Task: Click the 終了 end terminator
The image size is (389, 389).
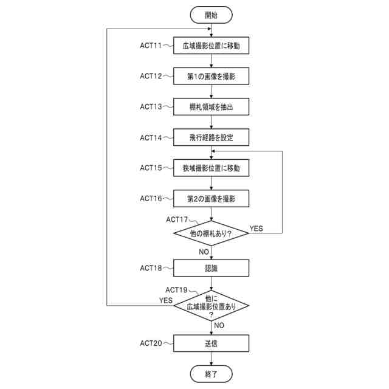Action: pyautogui.click(x=211, y=373)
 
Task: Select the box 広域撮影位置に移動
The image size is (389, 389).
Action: pyautogui.click(x=211, y=46)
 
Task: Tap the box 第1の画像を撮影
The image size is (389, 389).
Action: pyautogui.click(x=211, y=77)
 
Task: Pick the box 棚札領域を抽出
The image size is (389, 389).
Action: pyautogui.click(x=211, y=107)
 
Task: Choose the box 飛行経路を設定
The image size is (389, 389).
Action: pyautogui.click(x=211, y=138)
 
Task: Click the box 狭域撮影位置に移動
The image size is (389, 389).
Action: pyautogui.click(x=211, y=168)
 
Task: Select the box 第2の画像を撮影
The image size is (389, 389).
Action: pyautogui.click(x=211, y=199)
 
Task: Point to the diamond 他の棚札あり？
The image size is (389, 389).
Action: pyautogui.click(x=211, y=233)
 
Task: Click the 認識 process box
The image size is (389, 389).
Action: pyautogui.click(x=211, y=267)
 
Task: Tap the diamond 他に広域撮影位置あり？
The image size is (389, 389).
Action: pyautogui.click(x=211, y=306)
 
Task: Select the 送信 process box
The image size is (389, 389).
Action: pyautogui.click(x=211, y=343)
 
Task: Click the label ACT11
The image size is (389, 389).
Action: pyautogui.click(x=151, y=46)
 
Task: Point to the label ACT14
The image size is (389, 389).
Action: pyautogui.click(x=151, y=137)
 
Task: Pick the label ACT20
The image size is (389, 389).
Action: pyautogui.click(x=151, y=343)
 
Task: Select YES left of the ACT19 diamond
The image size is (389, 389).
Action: pyautogui.click(x=165, y=300)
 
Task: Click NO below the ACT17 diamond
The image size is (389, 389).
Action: pyautogui.click(x=205, y=250)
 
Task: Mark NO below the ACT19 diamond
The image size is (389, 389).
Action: pyautogui.click(x=219, y=325)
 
